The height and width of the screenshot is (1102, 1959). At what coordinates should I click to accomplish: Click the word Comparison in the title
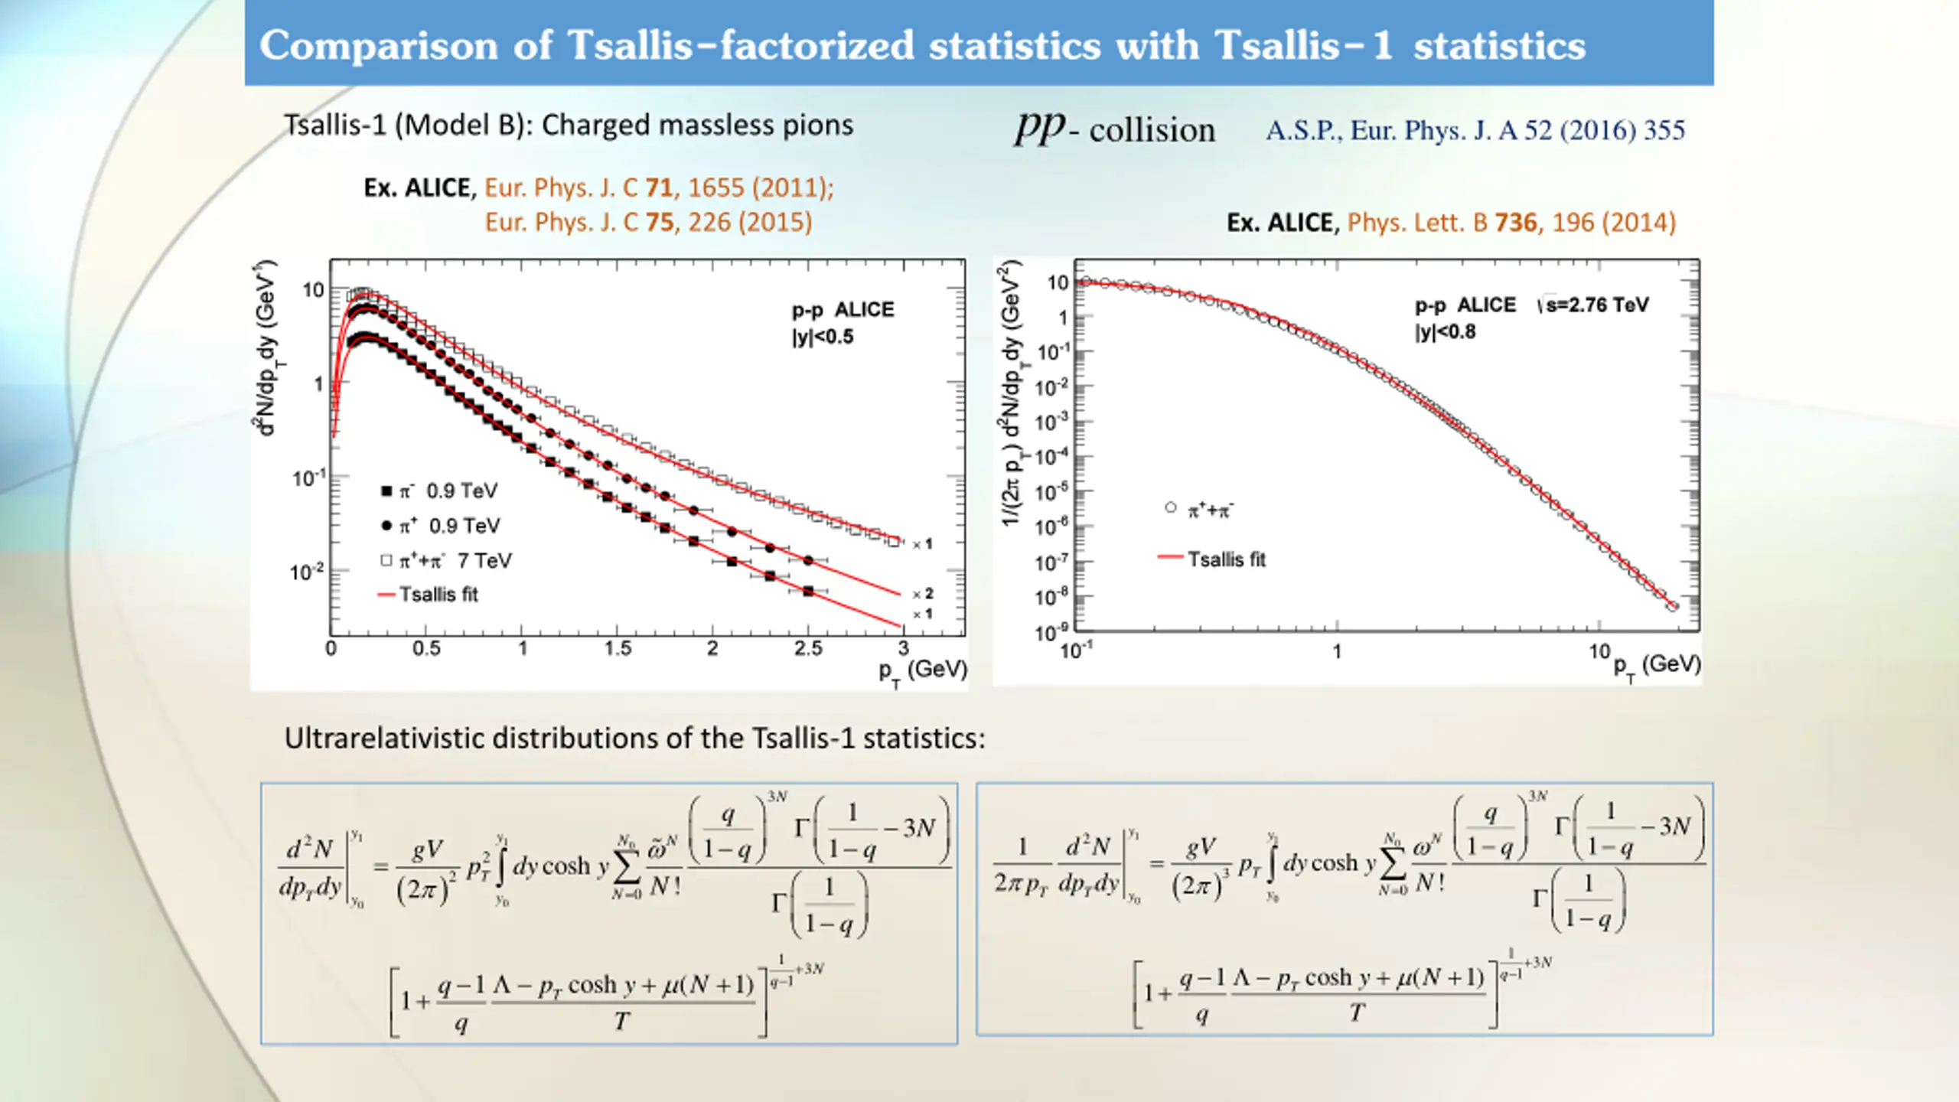pyautogui.click(x=379, y=46)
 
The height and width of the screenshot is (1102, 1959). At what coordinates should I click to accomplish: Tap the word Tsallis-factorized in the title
pyautogui.click(x=741, y=46)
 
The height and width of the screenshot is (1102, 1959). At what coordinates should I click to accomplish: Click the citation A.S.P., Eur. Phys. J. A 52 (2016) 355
pyautogui.click(x=1475, y=131)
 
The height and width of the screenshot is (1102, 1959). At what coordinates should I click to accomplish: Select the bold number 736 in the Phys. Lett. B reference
pyautogui.click(x=1515, y=223)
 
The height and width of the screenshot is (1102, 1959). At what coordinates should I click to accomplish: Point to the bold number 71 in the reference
pyautogui.click(x=659, y=188)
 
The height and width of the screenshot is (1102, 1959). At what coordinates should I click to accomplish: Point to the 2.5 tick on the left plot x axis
pyautogui.click(x=808, y=649)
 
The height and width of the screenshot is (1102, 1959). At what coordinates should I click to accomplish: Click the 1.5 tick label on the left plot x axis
pyautogui.click(x=618, y=649)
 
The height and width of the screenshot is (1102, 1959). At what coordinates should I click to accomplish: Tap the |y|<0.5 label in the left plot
pyautogui.click(x=823, y=337)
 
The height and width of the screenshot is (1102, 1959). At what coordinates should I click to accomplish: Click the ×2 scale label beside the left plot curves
pyautogui.click(x=923, y=594)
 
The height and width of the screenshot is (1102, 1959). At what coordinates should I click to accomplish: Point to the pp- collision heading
pyautogui.click(x=1114, y=129)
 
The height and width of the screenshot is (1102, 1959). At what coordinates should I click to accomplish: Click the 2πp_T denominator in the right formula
pyautogui.click(x=1021, y=884)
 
